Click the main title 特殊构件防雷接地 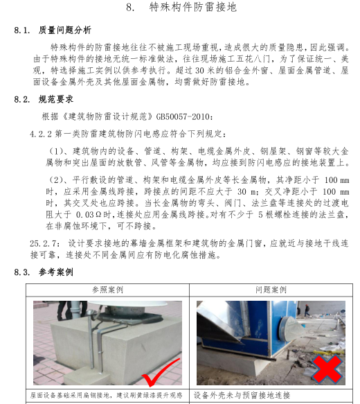coord(192,7)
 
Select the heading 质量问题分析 coord(65,30)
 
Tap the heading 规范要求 coord(56,99)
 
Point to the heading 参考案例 coord(56,272)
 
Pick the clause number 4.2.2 coord(41,134)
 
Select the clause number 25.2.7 coord(43,243)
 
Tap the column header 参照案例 coord(107,290)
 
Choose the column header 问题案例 coord(271,290)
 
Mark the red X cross coord(327,369)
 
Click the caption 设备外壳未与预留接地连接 coord(242,395)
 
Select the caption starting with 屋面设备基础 coord(107,395)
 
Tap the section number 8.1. coord(21,30)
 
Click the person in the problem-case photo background coord(307,310)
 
